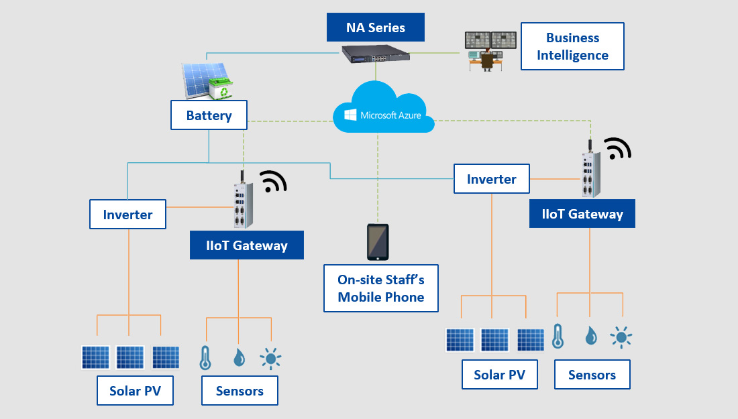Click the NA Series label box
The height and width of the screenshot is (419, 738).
(376, 27)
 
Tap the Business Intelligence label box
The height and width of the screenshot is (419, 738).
(572, 46)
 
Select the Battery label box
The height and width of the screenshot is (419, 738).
(209, 115)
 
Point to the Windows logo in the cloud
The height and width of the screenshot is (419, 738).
(350, 115)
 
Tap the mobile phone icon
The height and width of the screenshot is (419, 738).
(377, 241)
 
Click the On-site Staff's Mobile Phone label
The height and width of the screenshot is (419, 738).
(380, 288)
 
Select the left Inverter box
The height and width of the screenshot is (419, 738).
(127, 215)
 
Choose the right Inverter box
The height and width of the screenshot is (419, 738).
(491, 179)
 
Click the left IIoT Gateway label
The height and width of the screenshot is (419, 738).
(247, 245)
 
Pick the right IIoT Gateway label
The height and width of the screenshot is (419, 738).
(582, 214)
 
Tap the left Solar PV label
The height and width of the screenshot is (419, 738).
(135, 390)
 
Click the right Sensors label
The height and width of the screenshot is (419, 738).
(592, 375)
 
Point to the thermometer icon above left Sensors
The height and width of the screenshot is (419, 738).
(205, 358)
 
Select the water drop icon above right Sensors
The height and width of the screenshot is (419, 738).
(590, 335)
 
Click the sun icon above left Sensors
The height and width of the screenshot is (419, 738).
(270, 359)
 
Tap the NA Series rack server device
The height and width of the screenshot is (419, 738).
(376, 54)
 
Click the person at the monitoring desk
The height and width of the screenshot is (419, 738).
(488, 60)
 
